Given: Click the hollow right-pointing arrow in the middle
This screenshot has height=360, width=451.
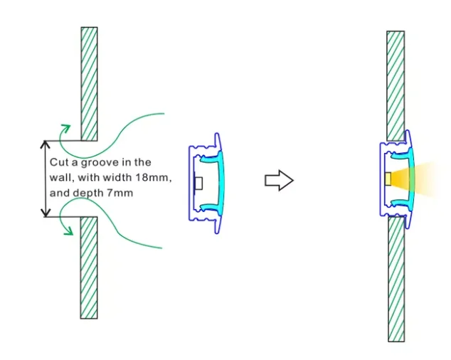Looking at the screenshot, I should coord(279,181).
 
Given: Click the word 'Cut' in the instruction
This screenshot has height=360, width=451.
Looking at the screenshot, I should coord(58,162).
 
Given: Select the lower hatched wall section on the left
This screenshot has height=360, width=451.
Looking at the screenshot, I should coord(89,267).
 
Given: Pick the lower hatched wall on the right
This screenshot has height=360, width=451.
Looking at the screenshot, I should coord(396,277).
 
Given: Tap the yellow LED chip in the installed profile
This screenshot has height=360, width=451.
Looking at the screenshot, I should coord(388,179).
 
